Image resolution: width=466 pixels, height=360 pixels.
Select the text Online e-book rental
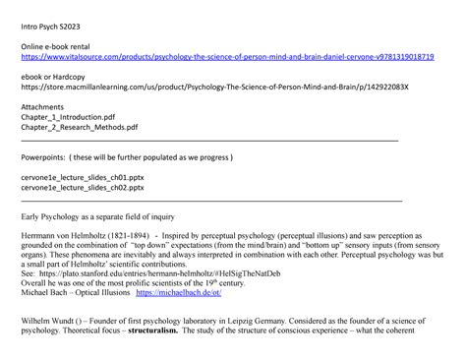60,45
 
